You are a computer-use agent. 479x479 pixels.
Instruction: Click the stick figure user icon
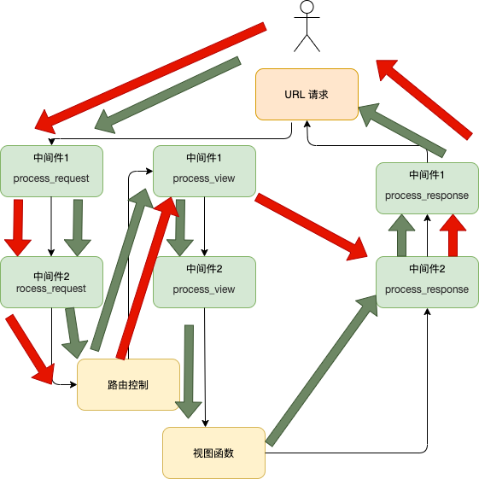tap(307, 26)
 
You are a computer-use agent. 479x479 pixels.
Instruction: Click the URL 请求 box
tap(307, 95)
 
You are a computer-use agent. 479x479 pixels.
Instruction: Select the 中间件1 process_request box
tap(51, 171)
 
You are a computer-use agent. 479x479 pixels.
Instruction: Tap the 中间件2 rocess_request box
tap(51, 282)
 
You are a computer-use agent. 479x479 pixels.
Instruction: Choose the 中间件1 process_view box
tap(204, 171)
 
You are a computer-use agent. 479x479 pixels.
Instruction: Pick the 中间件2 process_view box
tap(204, 282)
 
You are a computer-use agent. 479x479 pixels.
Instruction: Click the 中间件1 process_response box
tap(427, 188)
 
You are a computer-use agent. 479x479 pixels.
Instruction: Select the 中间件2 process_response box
tap(427, 282)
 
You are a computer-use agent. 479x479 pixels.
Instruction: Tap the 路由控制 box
tap(128, 384)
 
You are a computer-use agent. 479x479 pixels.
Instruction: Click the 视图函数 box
tap(213, 453)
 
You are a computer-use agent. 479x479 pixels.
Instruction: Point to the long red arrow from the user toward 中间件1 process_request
tap(150, 79)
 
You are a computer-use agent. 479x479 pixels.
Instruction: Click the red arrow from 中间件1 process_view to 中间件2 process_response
tap(311, 226)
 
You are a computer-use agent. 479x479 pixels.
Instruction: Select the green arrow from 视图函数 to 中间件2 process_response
tap(321, 372)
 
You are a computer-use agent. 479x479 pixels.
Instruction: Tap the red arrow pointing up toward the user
tap(424, 100)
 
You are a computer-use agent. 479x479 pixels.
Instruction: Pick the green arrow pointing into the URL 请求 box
tap(402, 131)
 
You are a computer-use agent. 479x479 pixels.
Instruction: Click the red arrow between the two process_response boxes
tap(453, 235)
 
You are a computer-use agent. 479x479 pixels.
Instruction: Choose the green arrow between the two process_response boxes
tap(401, 235)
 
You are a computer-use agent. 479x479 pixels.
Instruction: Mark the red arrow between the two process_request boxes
tap(18, 228)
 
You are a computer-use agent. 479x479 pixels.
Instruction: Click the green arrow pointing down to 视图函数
tap(189, 371)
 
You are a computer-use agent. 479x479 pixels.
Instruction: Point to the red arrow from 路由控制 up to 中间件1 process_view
tap(147, 278)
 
